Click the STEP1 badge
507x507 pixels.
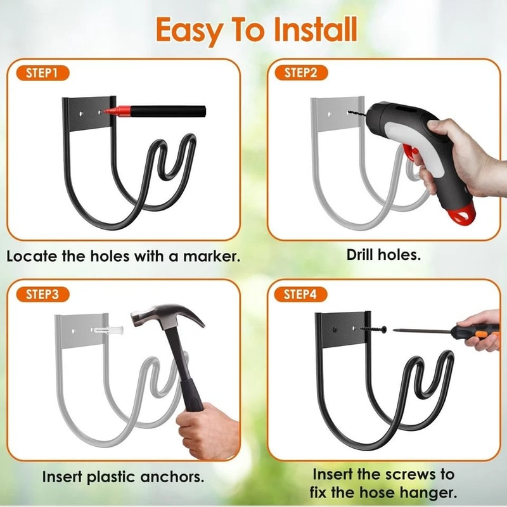point(42,73)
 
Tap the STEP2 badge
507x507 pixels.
point(300,72)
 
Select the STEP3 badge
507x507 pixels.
point(42,294)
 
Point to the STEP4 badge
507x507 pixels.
point(300,294)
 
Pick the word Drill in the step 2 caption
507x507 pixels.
point(361,255)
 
